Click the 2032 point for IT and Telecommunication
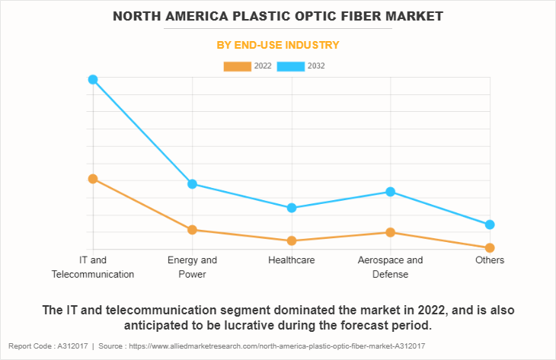coord(93,79)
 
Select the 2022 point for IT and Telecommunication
coord(93,179)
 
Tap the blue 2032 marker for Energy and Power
coord(193,183)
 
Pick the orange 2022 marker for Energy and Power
coord(193,230)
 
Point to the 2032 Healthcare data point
coord(292,208)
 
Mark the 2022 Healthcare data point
coord(292,241)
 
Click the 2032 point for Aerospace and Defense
coord(391,192)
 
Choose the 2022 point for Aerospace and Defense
coord(391,232)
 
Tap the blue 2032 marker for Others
coord(490,225)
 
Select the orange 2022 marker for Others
coord(490,248)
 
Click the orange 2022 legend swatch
coord(237,66)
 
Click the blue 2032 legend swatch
coord(291,66)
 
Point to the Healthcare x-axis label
coord(292,260)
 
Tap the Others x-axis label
coord(490,260)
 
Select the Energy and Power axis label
coord(193,267)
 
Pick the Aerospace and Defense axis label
coord(391,267)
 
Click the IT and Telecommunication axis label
coord(93,267)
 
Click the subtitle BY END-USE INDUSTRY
coord(278,45)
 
